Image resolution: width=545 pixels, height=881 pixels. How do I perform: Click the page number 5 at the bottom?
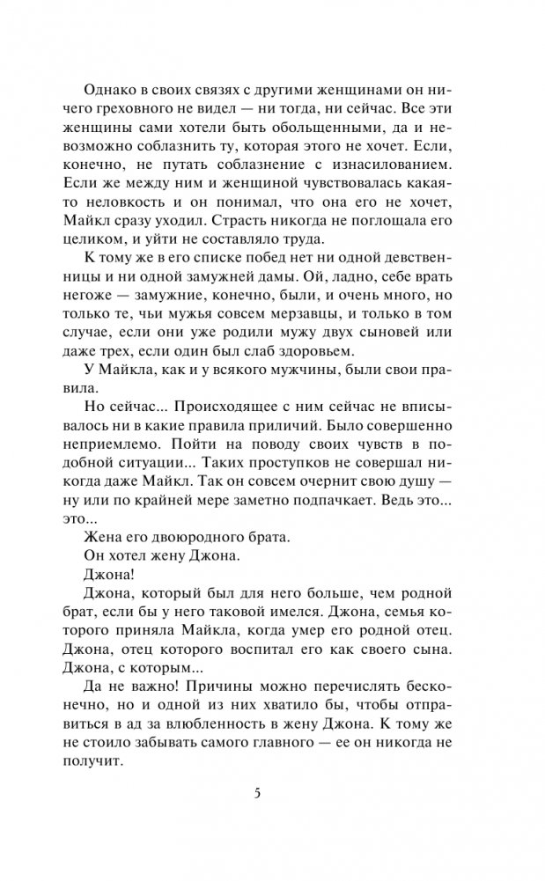258,792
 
